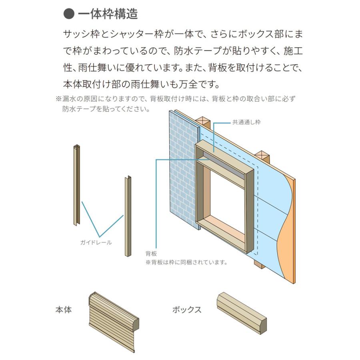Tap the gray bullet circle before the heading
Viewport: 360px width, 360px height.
pyautogui.click(x=69, y=14)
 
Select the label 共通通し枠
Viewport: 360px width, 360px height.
pyautogui.click(x=246, y=122)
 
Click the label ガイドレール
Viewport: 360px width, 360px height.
pyautogui.click(x=96, y=242)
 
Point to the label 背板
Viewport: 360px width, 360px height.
pyautogui.click(x=151, y=254)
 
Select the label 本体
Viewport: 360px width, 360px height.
pyautogui.click(x=64, y=310)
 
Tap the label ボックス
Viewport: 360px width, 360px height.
pyautogui.click(x=186, y=310)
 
